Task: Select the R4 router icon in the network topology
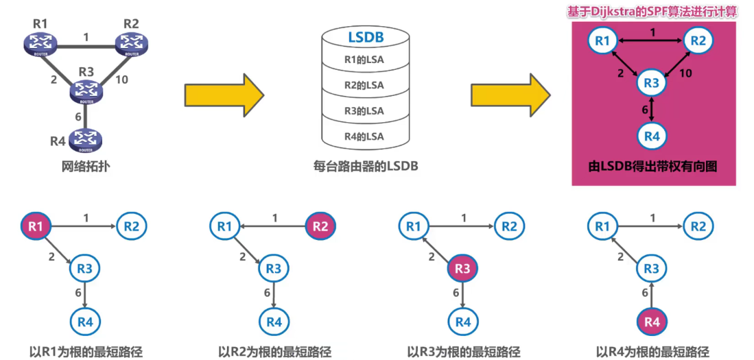(x=85, y=140)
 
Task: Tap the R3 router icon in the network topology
(x=86, y=90)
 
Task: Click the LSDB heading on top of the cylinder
(x=366, y=36)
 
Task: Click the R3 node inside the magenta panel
(x=651, y=84)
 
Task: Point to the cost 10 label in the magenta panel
(x=685, y=73)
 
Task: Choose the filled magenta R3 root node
(x=462, y=269)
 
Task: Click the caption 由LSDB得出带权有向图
(x=653, y=166)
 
